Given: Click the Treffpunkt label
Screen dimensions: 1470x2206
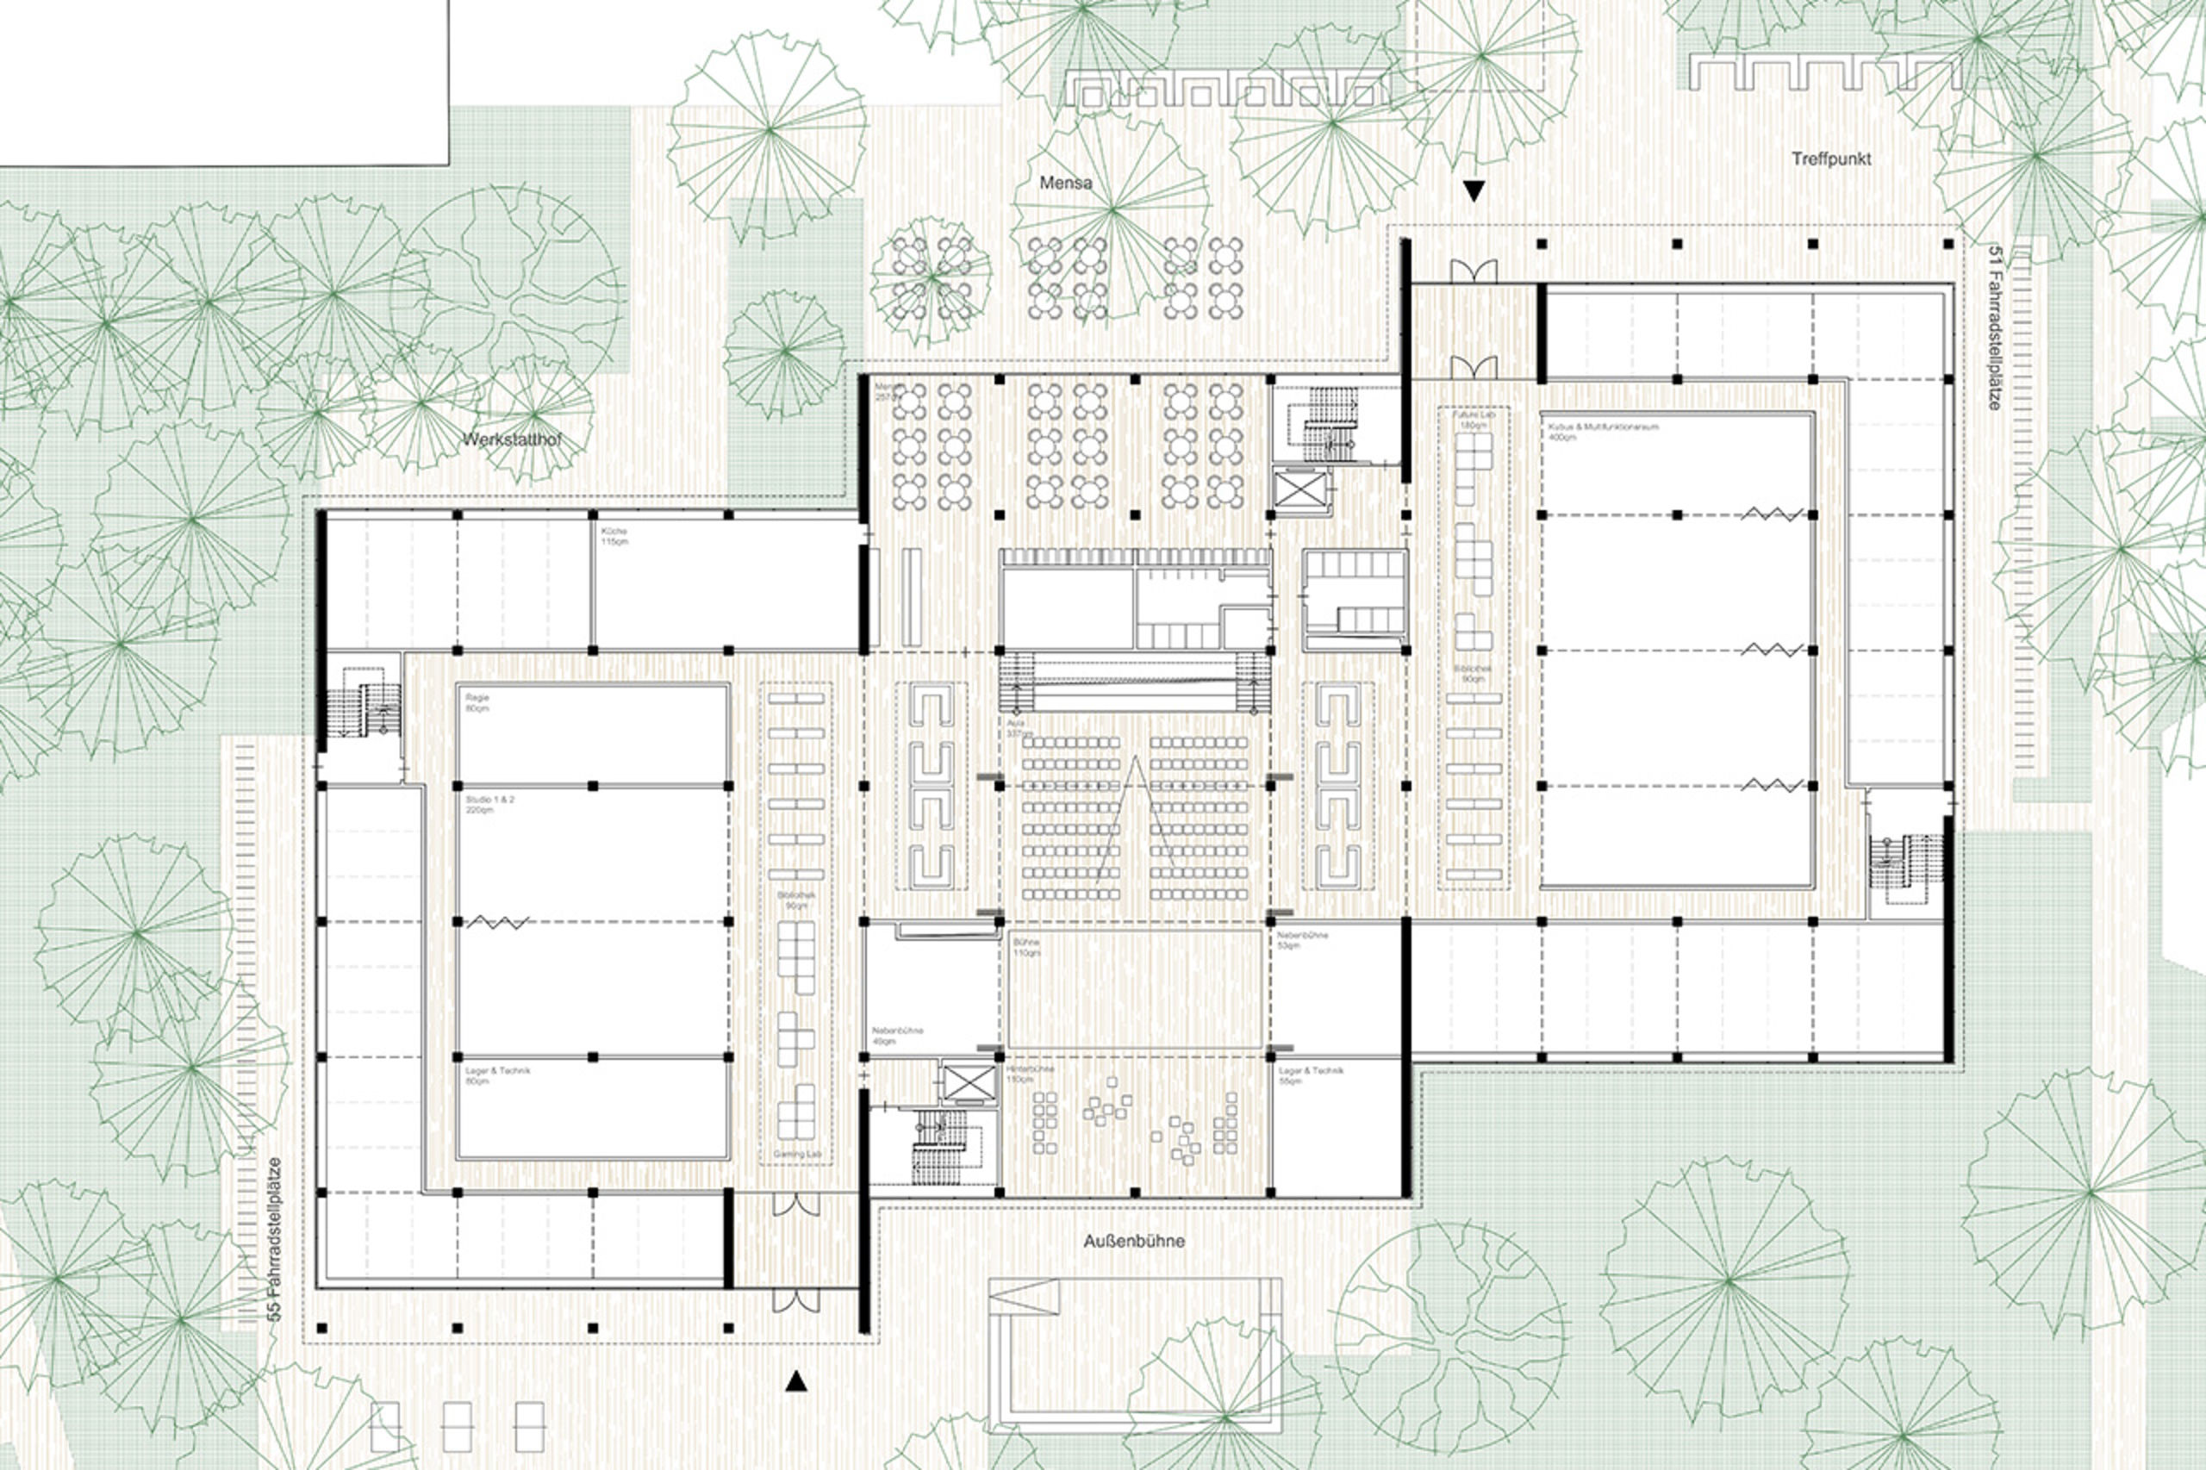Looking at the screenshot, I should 1831,159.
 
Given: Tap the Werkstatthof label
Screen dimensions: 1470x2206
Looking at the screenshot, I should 512,439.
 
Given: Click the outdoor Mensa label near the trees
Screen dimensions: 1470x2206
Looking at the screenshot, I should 1065,183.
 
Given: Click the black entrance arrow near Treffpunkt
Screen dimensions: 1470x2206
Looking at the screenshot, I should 1474,192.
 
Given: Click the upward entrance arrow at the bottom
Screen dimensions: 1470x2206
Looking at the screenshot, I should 796,1381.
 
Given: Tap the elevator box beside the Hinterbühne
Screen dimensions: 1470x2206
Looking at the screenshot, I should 965,1083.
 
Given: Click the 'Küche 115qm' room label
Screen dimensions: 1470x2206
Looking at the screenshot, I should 615,536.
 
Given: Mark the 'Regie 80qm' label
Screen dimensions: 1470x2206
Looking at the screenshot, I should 477,703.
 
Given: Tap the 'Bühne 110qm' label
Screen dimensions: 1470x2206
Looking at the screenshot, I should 1025,947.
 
